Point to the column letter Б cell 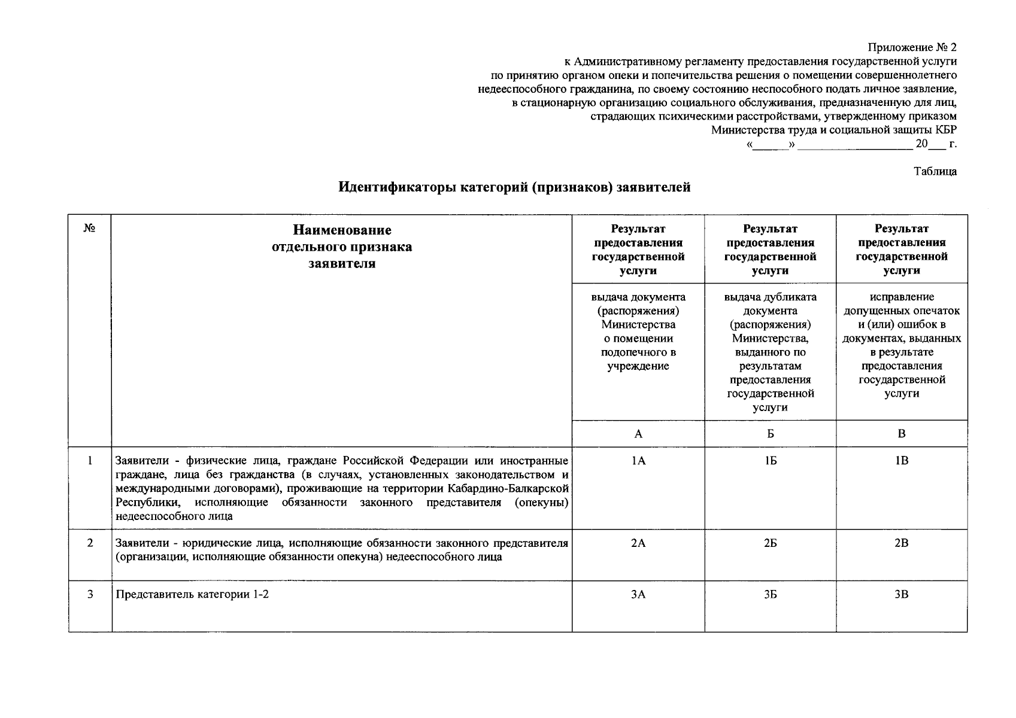tap(770, 434)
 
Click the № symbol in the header tap(90, 229)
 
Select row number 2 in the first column tap(90, 543)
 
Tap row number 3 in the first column tap(90, 595)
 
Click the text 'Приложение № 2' tap(912, 47)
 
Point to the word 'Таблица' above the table tap(935, 172)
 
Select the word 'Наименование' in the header tap(342, 230)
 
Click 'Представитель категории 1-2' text tap(192, 595)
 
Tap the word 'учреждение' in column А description tap(638, 366)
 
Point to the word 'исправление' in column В tap(902, 297)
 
